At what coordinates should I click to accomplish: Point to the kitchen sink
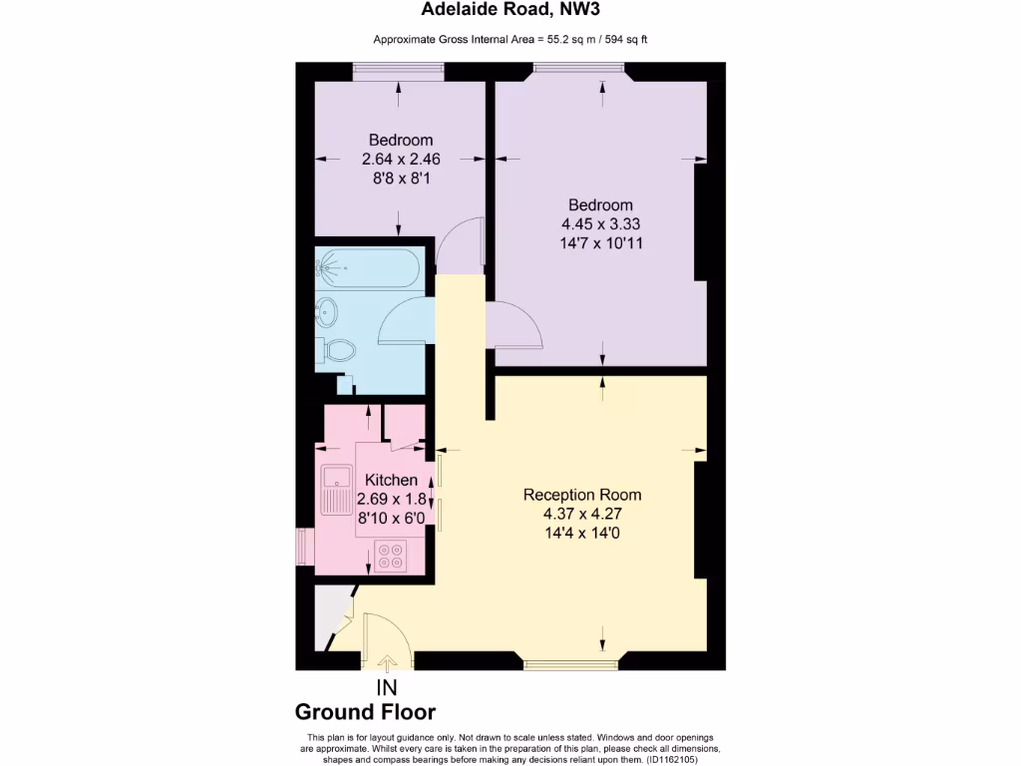333,490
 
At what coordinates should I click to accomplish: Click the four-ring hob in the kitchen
391,555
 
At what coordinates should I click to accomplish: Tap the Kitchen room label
391,481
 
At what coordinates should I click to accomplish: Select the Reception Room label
582,495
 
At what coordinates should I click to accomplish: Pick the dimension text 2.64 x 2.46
401,159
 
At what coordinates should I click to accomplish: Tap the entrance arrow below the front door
388,661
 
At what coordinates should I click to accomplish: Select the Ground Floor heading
365,712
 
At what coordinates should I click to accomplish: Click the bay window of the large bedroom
579,70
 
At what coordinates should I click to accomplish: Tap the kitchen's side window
300,548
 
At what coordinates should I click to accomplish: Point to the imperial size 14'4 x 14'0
582,532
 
